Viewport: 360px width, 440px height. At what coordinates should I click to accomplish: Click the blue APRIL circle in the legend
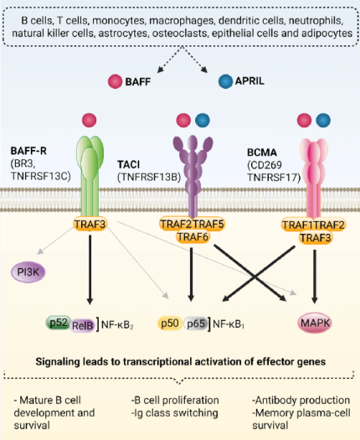pos(224,81)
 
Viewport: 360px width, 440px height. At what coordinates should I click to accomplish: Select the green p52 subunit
pos(57,320)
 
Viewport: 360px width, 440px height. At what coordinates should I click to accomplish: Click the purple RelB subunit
pos(80,322)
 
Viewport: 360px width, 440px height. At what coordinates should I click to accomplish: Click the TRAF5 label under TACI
pos(209,224)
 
